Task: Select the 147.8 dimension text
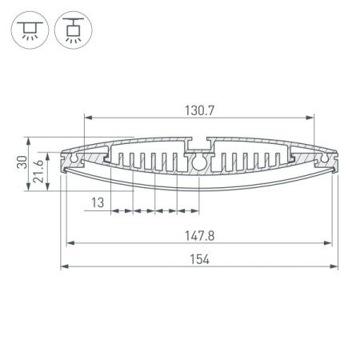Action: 199,236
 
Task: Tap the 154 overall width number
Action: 199,258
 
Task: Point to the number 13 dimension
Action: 98,203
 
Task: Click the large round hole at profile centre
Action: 199,162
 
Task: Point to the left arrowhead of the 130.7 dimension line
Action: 86,117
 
